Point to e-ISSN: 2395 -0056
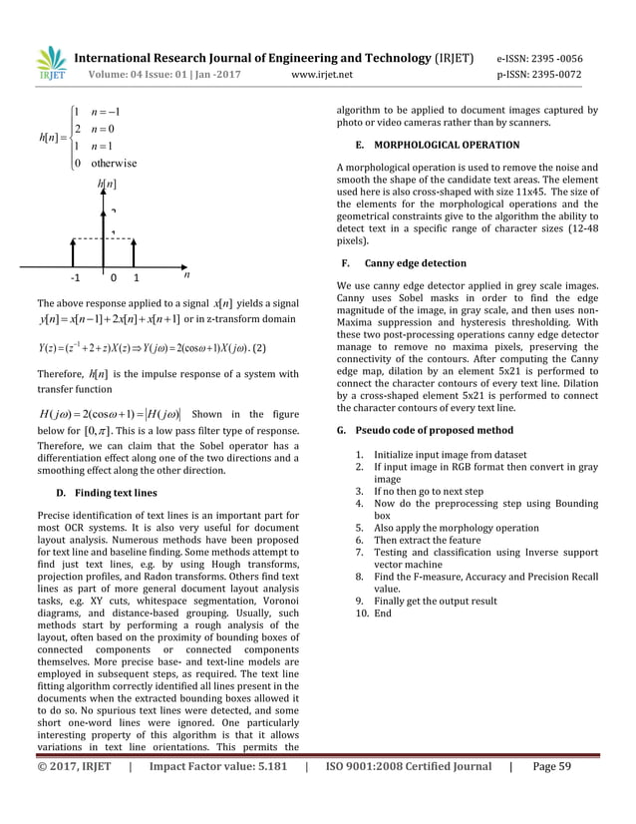coord(553,58)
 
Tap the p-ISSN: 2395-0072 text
coord(553,73)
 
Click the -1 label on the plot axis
coord(75,278)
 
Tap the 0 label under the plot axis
coord(115,278)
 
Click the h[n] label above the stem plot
coord(107,185)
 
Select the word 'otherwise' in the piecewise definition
coord(114,163)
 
